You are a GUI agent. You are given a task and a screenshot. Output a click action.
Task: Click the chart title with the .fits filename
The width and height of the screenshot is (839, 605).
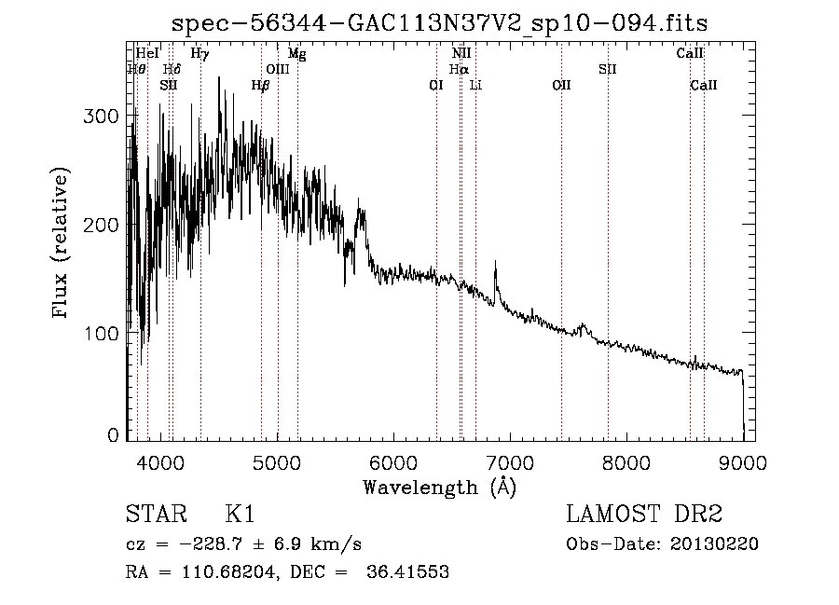[439, 23]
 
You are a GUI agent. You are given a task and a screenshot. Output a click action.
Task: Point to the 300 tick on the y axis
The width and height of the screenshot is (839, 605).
[101, 117]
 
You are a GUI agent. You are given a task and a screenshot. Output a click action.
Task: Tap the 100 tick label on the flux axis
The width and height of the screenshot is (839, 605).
[101, 333]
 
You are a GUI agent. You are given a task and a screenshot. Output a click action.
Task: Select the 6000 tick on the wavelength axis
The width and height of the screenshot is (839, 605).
[393, 462]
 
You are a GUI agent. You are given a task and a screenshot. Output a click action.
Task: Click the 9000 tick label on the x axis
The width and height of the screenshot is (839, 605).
[743, 462]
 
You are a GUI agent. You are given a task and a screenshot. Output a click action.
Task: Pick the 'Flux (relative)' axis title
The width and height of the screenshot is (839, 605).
[60, 242]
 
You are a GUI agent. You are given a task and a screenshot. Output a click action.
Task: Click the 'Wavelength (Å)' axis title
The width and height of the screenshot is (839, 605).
[440, 488]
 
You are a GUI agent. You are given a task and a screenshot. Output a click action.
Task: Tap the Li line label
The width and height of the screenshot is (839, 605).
[475, 85]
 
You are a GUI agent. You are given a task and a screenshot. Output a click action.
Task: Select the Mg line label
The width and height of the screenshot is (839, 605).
[297, 53]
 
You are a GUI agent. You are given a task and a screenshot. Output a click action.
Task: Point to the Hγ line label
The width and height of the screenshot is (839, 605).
[200, 53]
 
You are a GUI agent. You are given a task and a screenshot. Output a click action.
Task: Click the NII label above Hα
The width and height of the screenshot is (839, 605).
[461, 53]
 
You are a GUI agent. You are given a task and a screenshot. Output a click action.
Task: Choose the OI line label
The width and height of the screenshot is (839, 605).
[436, 85]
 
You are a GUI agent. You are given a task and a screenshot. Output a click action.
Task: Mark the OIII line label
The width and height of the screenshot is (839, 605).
[278, 69]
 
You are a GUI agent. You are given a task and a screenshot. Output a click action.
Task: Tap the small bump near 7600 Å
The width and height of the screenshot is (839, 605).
[582, 326]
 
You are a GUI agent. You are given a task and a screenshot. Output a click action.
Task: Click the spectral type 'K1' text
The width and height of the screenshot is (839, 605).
[240, 514]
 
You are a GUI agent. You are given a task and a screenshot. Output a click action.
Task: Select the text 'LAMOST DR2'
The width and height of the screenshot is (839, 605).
[644, 514]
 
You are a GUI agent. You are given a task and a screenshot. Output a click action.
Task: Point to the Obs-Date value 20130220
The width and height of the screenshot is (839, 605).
[714, 544]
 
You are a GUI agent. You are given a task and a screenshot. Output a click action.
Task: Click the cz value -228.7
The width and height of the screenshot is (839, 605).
[212, 544]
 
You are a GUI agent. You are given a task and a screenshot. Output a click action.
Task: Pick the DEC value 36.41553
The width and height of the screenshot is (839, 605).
[407, 571]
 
